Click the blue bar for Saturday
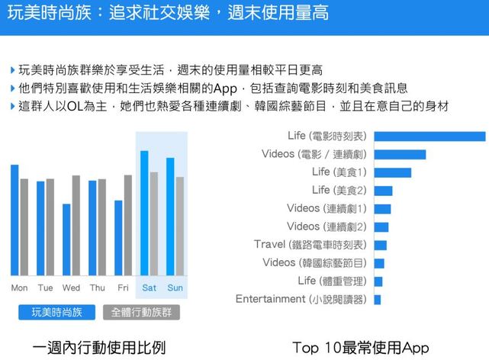144,213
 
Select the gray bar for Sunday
179,226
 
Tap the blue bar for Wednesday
66,239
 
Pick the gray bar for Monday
24,227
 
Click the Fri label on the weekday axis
123,288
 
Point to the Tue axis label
45,288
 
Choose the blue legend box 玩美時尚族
57,311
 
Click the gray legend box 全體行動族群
140,311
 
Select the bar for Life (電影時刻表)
429,137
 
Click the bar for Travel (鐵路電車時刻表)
380,245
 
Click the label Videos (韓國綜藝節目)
314,263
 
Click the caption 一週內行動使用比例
98,346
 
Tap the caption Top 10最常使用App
360,346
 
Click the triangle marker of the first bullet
13,70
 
